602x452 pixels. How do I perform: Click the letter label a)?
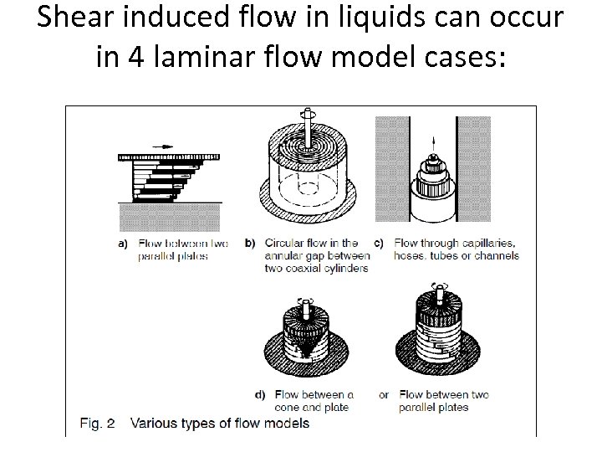pos(122,244)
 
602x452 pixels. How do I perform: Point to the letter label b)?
pos(250,244)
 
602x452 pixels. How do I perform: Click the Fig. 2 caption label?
pos(97,423)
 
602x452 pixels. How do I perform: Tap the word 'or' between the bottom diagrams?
pos(384,394)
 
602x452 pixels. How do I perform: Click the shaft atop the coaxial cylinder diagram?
pos(309,122)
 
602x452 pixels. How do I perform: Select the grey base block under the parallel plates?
pos(170,216)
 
